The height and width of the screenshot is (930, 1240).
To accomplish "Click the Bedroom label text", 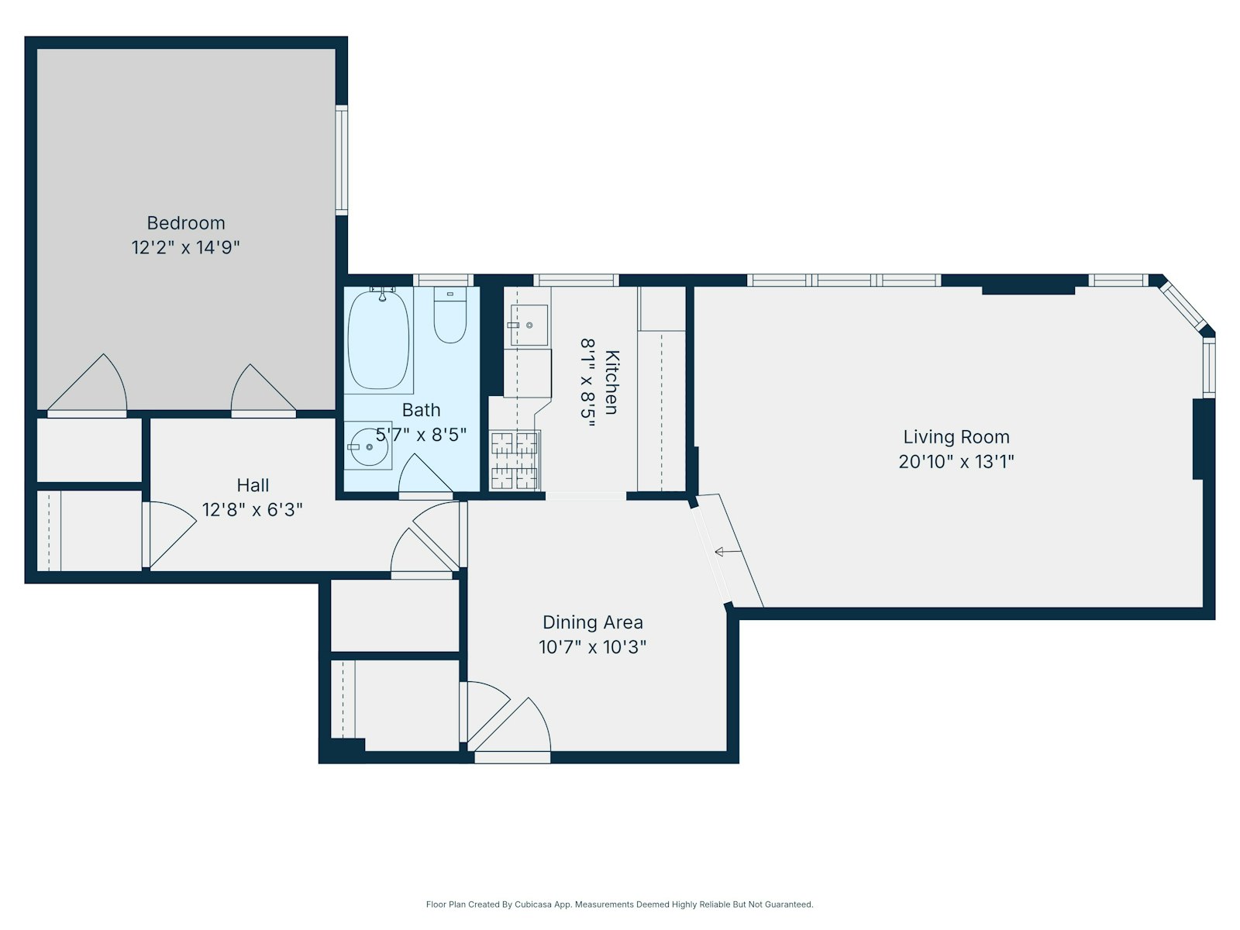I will pos(186,223).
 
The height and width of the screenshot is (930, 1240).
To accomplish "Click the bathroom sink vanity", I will pos(367,446).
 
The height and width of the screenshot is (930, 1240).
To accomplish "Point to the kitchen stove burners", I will pos(514,460).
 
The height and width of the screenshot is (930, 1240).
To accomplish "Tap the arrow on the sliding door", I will pos(727,552).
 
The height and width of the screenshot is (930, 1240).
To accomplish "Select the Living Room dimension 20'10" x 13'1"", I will pos(956,462).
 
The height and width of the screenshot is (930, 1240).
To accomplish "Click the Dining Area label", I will pos(592,622).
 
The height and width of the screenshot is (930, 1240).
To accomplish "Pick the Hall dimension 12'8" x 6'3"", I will pos(252,510).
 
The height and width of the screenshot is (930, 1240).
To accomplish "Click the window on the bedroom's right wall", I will pos(341,160).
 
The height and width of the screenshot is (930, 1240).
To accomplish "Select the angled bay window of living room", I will pos(1183,306).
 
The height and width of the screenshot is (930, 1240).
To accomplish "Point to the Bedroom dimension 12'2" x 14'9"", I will pos(186,248).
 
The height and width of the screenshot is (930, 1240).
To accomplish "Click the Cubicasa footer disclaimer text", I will pos(619,904).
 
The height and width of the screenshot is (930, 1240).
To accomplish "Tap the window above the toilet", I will pos(443,281).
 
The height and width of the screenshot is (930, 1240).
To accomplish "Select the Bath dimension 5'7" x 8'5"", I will pos(422,435).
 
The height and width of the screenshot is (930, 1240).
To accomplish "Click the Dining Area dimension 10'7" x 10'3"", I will pos(592,647).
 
